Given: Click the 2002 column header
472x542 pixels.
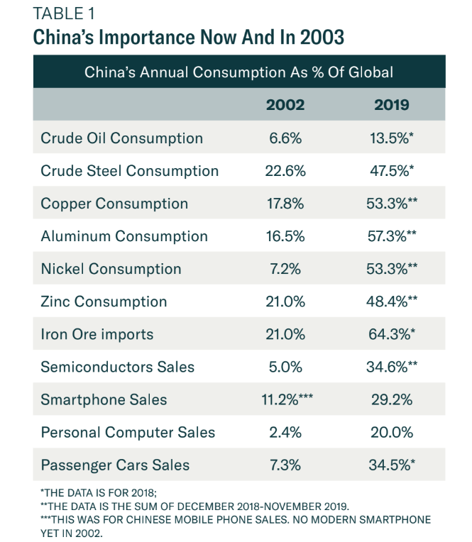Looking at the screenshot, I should tap(285, 105).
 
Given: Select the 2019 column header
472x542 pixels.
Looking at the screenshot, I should tap(392, 105).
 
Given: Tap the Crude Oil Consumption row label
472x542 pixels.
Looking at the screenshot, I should tap(121, 138).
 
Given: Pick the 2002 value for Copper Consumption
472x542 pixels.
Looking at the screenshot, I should tap(285, 204).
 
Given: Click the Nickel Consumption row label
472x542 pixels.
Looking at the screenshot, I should tap(111, 269).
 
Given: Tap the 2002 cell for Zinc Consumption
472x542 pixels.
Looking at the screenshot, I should tap(285, 302).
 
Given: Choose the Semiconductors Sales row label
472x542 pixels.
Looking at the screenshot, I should tap(117, 367).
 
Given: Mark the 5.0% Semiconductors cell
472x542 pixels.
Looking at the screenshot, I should tap(285, 367).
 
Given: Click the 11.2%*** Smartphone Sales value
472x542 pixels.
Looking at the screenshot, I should tap(289, 399).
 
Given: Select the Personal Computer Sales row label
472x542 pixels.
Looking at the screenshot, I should tap(128, 432).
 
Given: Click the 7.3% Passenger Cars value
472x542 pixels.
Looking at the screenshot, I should tap(285, 465).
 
